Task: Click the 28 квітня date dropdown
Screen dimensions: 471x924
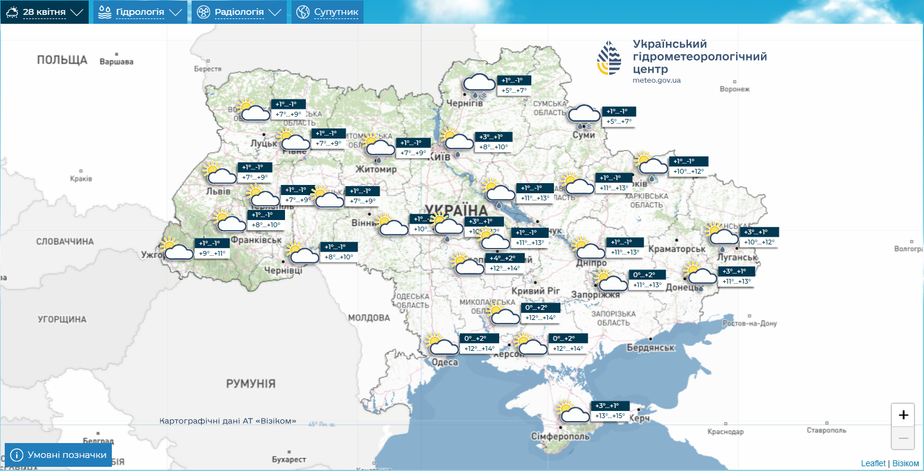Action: click(44, 12)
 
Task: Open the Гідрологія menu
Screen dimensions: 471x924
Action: click(140, 12)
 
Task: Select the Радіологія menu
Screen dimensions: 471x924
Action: click(239, 12)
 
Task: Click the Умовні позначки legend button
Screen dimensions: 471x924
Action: click(58, 455)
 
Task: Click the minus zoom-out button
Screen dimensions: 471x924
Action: click(903, 438)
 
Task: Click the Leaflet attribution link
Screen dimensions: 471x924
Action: click(873, 463)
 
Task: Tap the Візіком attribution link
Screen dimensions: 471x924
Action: click(906, 463)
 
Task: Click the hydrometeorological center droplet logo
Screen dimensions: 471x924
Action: click(609, 58)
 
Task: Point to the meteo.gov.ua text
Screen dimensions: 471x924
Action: click(657, 80)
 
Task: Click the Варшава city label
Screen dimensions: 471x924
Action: click(117, 62)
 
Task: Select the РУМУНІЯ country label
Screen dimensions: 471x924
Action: click(250, 384)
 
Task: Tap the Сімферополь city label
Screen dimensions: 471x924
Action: click(560, 437)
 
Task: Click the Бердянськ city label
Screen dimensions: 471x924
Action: click(650, 348)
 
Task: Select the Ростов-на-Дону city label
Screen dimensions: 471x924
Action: click(750, 324)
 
